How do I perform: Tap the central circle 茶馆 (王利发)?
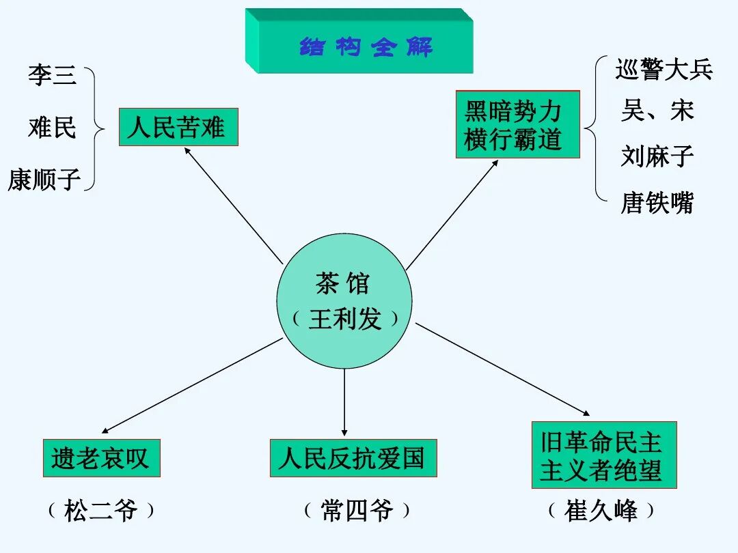click(x=344, y=301)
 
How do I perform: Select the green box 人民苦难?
click(x=178, y=127)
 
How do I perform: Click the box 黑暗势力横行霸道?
click(x=517, y=124)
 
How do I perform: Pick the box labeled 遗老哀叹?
click(x=101, y=457)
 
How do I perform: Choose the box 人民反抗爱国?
click(x=353, y=457)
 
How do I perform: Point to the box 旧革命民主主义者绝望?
click(x=603, y=455)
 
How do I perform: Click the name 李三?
click(x=53, y=74)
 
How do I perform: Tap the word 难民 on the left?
click(x=53, y=127)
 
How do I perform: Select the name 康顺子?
click(x=44, y=180)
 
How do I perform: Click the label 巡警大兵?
click(x=664, y=69)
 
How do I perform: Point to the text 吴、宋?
click(x=657, y=111)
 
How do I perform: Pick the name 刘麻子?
click(x=657, y=156)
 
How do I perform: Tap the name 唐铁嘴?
click(x=657, y=203)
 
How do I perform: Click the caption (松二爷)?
click(x=101, y=511)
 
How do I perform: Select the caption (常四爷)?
click(x=357, y=511)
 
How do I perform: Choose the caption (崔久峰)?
click(x=601, y=511)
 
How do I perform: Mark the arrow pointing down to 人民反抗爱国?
click(x=344, y=403)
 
